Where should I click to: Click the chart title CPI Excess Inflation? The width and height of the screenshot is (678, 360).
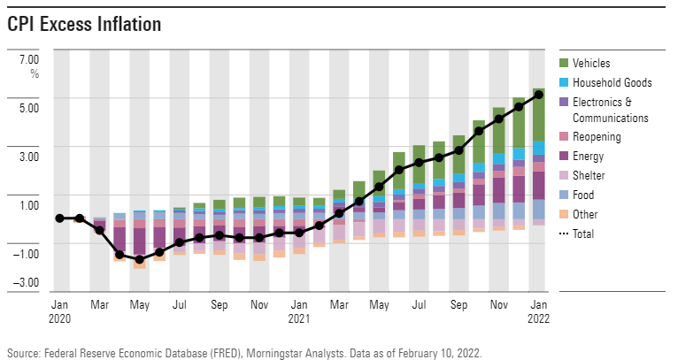(84, 25)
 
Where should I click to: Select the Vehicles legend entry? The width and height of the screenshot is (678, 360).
(590, 63)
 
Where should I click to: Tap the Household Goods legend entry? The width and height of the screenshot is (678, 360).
(612, 82)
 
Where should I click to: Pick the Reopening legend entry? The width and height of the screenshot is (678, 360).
(597, 137)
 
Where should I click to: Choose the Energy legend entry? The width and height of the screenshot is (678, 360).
(588, 157)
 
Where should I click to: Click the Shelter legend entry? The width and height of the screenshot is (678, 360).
(589, 176)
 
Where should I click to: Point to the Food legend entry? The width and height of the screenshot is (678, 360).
(584, 195)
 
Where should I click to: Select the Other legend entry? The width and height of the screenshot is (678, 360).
(585, 214)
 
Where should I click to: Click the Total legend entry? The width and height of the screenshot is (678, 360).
(583, 234)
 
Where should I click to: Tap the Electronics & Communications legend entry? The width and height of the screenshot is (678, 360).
(610, 110)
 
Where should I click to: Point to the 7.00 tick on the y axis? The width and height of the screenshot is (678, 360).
(28, 58)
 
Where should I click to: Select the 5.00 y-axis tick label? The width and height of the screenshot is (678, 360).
(28, 108)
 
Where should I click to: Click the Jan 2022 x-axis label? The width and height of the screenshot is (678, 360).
(538, 309)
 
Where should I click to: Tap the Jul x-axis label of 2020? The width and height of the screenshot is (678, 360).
(180, 303)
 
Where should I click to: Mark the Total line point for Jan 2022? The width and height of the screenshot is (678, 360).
(538, 95)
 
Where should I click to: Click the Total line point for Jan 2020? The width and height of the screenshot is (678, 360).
(59, 218)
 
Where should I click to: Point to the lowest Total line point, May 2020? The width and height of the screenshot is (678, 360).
(139, 259)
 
